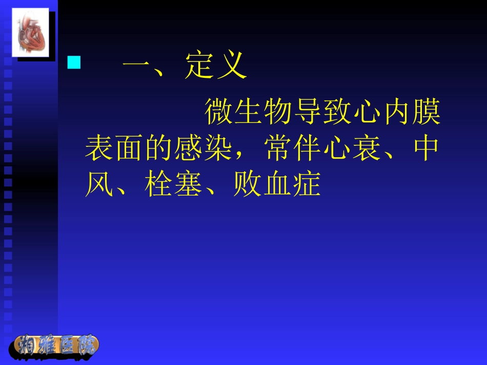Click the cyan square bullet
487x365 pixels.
tap(75, 63)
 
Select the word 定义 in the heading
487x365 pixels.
tap(216, 67)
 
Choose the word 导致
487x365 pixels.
tap(323, 113)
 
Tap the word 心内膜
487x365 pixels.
tap(397, 113)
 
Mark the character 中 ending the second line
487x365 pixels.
tap(425, 149)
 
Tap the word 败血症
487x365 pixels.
tap(277, 185)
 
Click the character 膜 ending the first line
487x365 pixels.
tap(427, 113)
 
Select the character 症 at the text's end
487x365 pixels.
tap(307, 185)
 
